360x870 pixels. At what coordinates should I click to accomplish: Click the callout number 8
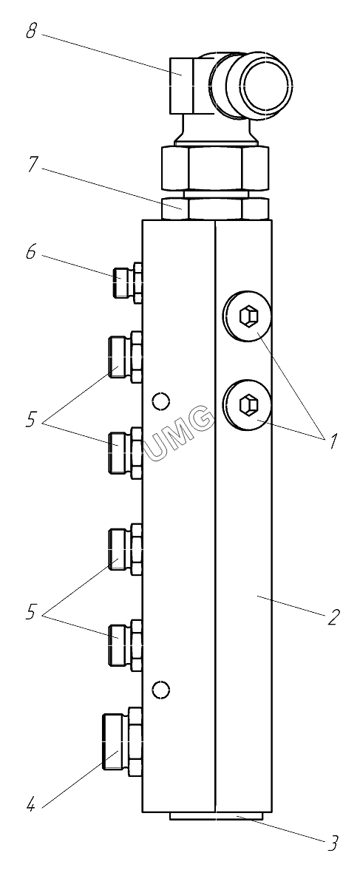point(31,32)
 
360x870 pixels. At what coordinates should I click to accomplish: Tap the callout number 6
point(30,253)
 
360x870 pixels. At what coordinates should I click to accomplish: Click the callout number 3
point(331,844)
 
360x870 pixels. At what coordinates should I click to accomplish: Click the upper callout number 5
point(31,420)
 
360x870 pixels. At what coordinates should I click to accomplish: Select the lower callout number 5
point(31,613)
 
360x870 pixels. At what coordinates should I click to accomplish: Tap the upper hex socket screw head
point(247,316)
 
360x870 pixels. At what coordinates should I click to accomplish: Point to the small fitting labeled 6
point(127,282)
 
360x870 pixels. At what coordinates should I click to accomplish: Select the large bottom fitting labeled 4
point(122,741)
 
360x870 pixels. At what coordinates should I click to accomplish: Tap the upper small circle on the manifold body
point(161,401)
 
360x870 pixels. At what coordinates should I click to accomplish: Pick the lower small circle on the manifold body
point(161,690)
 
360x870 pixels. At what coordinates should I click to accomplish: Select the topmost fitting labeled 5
point(126,357)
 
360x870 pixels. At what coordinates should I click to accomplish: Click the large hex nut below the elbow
point(214,168)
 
